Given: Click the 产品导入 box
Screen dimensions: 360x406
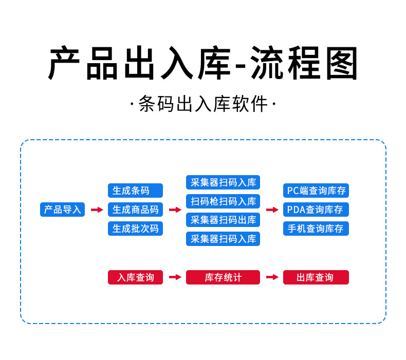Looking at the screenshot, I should pos(62,210).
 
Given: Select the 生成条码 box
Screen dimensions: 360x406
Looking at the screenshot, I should pos(135,191).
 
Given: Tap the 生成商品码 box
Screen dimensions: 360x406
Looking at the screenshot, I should pos(135,210).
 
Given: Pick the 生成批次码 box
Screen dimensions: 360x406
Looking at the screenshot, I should pos(135,229).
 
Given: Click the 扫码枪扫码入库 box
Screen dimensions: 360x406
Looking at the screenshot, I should pos(223,201).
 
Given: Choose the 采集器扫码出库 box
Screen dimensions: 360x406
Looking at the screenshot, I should pos(223,220).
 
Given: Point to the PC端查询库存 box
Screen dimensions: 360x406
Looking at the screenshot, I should pos(316,191).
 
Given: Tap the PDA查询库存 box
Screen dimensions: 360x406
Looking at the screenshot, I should pos(316,210).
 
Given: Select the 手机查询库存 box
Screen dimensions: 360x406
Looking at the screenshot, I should pos(316,229).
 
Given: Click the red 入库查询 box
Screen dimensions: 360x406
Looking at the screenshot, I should pos(135,277).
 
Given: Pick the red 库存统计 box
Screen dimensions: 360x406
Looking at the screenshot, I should pos(223,277).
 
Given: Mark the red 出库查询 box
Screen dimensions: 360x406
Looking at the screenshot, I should pos(316,277).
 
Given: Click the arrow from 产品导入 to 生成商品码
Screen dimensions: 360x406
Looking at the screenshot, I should pos(97,210).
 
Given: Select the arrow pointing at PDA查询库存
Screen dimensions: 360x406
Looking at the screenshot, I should pos(272,210).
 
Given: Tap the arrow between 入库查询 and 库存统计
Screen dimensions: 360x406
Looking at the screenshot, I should pos(175,277).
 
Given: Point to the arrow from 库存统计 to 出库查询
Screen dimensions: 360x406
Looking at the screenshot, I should pos(272,277).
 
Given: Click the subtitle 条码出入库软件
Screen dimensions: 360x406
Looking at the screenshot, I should pos(203,105).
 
